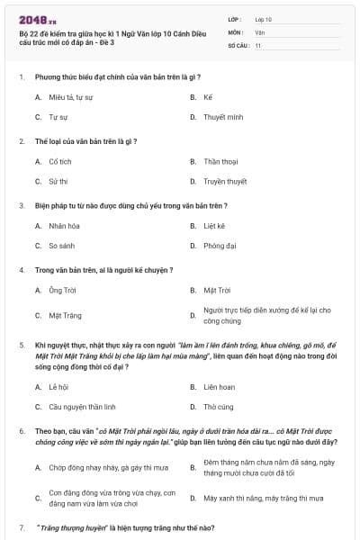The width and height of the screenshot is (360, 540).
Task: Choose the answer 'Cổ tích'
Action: (59, 161)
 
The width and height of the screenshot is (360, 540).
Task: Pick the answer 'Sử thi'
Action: (58, 181)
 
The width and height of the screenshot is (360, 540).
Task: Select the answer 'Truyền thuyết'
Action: (225, 181)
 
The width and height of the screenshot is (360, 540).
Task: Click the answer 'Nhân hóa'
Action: (64, 225)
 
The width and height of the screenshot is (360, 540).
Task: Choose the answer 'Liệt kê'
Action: (214, 225)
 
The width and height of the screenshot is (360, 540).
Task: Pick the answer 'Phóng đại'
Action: (220, 245)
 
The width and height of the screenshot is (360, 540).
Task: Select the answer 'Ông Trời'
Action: (61, 290)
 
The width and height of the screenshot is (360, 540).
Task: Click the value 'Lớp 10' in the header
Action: (263, 18)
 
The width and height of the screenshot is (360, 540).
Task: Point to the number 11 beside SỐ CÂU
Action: (258, 44)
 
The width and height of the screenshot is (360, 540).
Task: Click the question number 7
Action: (21, 526)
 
